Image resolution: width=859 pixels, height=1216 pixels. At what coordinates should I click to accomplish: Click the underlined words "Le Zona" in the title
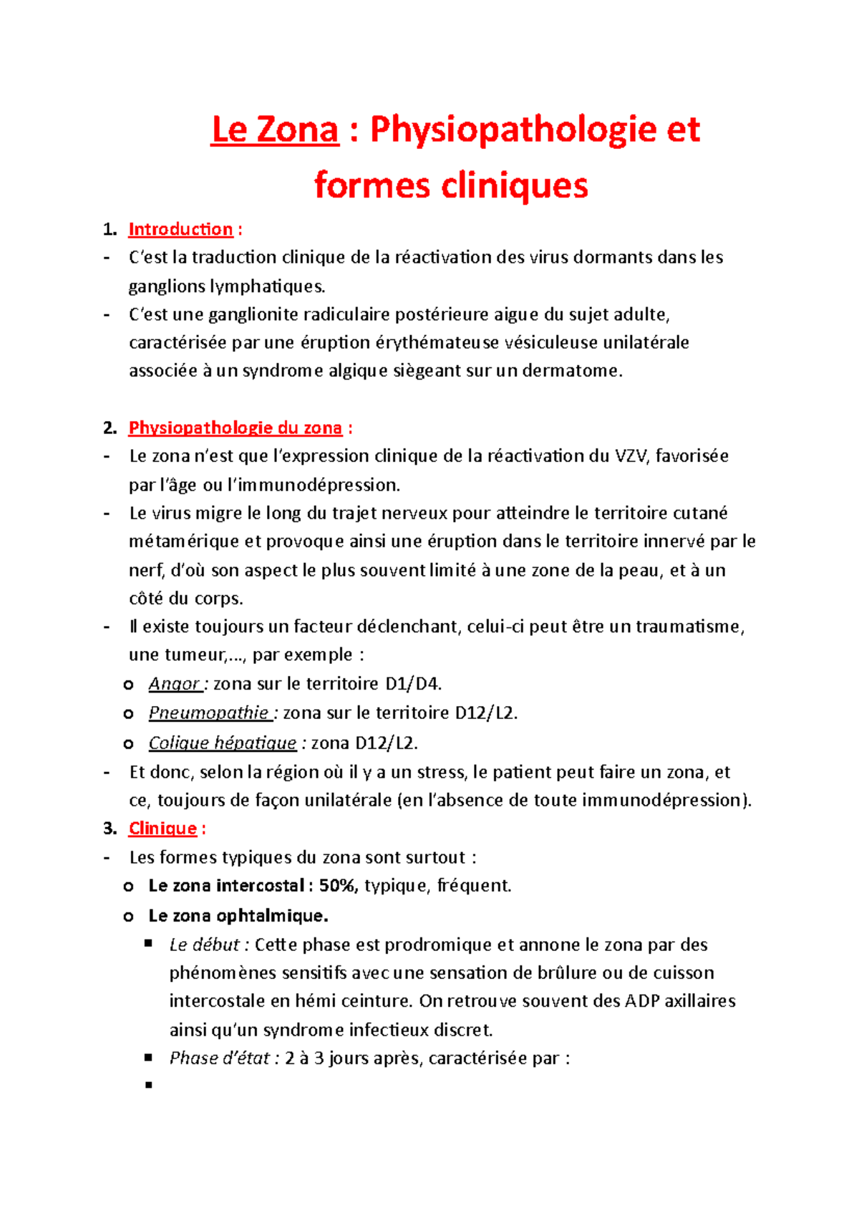point(275,130)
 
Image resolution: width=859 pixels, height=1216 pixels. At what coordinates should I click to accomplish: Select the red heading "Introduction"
point(180,229)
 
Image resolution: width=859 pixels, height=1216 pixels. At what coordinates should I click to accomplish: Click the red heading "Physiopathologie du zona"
point(235,428)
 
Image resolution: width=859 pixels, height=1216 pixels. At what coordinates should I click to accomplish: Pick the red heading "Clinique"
point(162,829)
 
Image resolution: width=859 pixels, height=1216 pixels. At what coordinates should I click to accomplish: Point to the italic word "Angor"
point(174,684)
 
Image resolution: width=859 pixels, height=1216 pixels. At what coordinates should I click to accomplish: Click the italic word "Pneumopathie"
point(208,713)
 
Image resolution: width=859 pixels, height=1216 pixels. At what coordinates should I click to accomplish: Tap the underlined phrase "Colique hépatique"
point(222,743)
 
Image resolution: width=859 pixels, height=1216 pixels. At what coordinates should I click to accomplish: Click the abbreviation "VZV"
point(631,456)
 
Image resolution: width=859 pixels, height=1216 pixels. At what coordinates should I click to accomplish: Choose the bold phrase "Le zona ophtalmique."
point(238,916)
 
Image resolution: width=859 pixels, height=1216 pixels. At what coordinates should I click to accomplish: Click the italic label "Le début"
point(204,945)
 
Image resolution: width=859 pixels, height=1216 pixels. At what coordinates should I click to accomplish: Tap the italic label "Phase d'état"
point(219,1058)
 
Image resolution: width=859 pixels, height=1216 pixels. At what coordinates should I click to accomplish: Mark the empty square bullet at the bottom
point(149,1086)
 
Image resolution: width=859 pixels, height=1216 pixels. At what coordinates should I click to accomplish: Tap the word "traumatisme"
point(689,627)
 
